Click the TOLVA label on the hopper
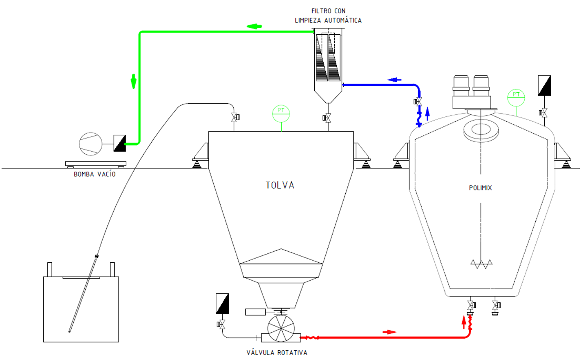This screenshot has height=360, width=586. [x=280, y=185]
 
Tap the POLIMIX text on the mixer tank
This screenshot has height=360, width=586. [x=480, y=188]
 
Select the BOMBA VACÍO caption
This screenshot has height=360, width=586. [x=94, y=174]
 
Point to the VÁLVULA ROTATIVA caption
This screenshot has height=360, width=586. [x=277, y=352]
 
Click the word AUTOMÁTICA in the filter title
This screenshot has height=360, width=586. [x=343, y=20]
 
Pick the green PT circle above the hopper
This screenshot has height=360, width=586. [x=281, y=114]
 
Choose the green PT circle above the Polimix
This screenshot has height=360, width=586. [x=516, y=98]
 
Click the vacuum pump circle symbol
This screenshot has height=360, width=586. [x=91, y=144]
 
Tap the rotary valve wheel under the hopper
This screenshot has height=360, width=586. [x=281, y=329]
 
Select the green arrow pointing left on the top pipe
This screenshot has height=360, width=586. [x=254, y=26]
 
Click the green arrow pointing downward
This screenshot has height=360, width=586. [x=134, y=81]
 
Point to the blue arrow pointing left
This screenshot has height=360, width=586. [x=394, y=80]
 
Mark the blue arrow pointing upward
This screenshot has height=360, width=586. [x=427, y=114]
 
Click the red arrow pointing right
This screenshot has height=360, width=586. [x=389, y=332]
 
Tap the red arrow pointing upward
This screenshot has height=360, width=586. [x=464, y=322]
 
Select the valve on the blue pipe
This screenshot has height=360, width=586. [x=418, y=101]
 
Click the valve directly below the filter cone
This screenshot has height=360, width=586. [x=327, y=118]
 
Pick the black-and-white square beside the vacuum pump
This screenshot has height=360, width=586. [x=120, y=143]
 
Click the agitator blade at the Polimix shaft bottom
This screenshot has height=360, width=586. [x=481, y=264]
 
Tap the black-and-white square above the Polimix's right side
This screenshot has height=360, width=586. [x=544, y=85]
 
